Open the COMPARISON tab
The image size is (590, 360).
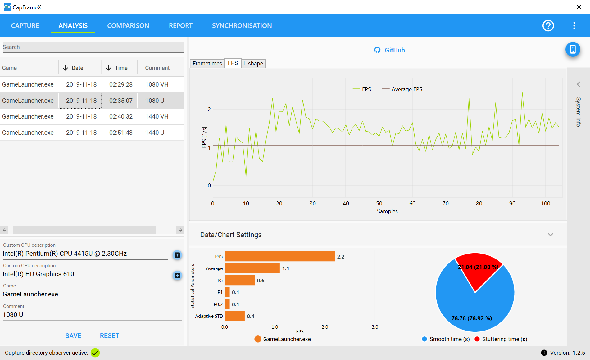pos(128,26)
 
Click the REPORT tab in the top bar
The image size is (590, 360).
pos(181,26)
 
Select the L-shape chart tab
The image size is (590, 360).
pos(253,64)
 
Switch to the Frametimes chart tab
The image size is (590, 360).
pos(207,64)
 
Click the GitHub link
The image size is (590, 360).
pos(390,50)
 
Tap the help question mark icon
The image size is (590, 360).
pos(548,26)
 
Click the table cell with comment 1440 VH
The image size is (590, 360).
pos(157,116)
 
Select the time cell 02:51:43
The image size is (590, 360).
pos(121,133)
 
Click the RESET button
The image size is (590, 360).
pos(110,336)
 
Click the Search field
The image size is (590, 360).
pos(93,47)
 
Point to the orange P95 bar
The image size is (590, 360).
pos(279,256)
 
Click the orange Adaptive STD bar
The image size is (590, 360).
pos(234,316)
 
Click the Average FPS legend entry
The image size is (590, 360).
pos(402,89)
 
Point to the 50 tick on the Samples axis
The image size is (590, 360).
pos(379,204)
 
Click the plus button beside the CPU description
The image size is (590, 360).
pos(177,255)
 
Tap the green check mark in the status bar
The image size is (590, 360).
pos(95,353)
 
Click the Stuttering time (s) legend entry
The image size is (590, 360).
pos(501,339)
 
